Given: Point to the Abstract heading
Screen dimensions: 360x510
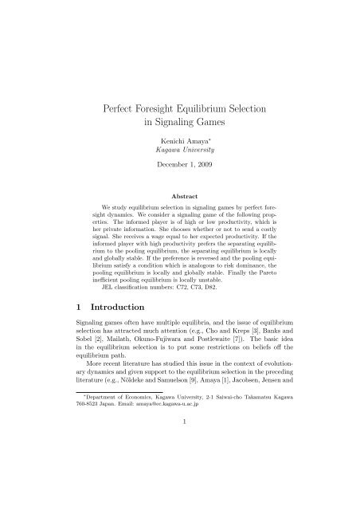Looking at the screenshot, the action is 180,194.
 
